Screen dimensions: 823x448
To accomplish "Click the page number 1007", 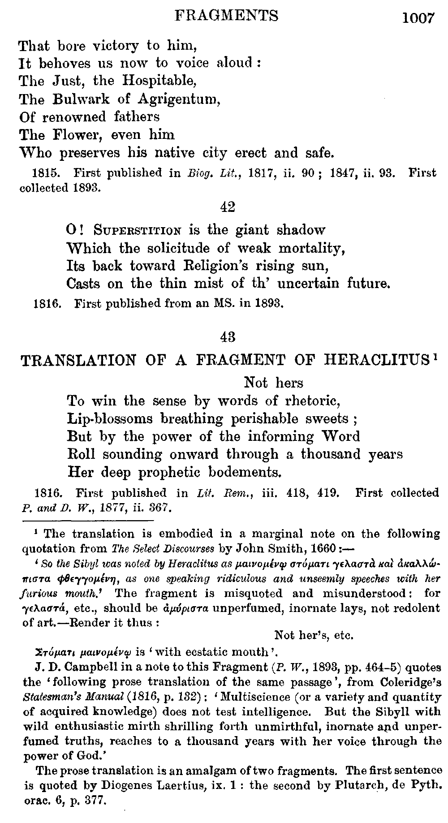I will (x=418, y=18).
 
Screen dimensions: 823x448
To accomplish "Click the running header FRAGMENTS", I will (x=227, y=16).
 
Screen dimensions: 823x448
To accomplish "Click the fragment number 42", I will (x=228, y=207).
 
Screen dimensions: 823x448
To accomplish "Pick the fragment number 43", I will (x=228, y=336).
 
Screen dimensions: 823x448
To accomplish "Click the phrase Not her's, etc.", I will (x=314, y=635).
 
